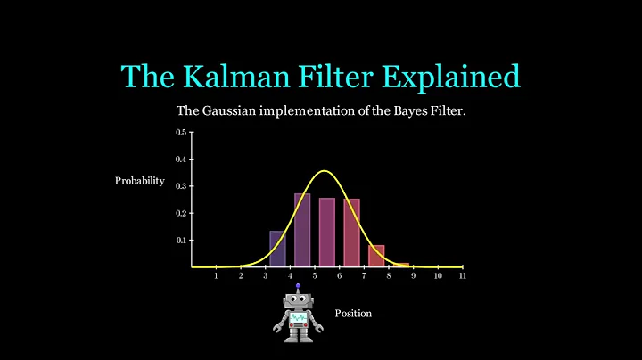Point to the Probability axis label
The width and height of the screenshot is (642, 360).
(x=140, y=181)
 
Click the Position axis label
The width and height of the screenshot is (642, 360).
(x=353, y=314)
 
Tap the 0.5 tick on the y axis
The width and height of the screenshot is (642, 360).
(x=181, y=132)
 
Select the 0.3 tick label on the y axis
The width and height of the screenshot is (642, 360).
(x=181, y=186)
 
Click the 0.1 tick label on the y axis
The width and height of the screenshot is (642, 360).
(x=181, y=240)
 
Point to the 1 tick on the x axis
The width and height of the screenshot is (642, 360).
(x=217, y=275)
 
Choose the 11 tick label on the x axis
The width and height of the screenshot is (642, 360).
(x=462, y=275)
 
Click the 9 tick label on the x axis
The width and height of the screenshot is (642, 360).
(x=413, y=275)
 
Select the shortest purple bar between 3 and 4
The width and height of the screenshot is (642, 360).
(x=277, y=250)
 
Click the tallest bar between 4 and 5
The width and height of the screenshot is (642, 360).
(x=302, y=230)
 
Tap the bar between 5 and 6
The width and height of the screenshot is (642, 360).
(x=326, y=233)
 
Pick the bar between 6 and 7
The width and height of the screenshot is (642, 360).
(x=351, y=233)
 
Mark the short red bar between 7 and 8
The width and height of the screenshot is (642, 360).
(x=376, y=256)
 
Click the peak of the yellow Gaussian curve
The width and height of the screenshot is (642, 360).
(x=325, y=171)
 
